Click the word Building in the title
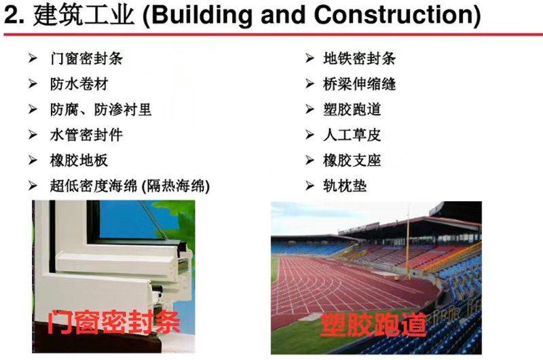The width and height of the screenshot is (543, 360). click(201, 15)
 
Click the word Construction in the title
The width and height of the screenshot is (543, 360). click(393, 15)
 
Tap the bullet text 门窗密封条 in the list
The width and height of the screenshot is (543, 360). click(86, 58)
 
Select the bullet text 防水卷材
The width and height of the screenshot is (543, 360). click(79, 84)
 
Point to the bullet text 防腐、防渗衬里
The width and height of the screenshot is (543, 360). click(100, 109)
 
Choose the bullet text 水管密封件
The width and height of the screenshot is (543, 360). click(86, 134)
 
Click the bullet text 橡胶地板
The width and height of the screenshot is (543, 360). click(79, 160)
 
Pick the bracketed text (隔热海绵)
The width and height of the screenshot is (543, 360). click(176, 186)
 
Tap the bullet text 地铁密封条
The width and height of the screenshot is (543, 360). click(359, 58)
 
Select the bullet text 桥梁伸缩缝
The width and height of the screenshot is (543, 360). click(359, 84)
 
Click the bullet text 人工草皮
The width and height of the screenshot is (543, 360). click(352, 134)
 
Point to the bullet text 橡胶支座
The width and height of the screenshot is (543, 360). click(352, 160)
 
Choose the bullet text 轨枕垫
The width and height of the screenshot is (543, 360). click(345, 186)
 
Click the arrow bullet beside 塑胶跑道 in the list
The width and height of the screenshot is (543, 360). click(310, 109)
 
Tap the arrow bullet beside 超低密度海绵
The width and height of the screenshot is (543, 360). click(33, 186)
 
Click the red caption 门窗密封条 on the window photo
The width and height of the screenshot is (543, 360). click(113, 322)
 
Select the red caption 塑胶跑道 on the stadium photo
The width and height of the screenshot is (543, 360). click(373, 325)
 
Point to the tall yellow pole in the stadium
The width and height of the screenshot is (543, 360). click(408, 242)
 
